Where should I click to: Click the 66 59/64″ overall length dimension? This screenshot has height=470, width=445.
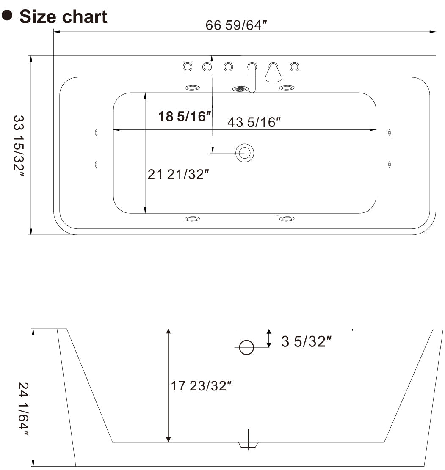pos(236,25)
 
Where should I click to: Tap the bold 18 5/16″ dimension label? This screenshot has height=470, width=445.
pos(184,116)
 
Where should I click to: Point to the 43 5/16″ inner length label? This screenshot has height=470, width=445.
pos(254,122)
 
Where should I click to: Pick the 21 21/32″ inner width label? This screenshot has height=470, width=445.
pos(179,174)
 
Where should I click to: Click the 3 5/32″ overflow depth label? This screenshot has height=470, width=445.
pos(306,341)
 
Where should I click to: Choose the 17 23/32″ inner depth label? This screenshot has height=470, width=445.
pos(201,385)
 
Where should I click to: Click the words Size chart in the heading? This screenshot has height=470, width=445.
pos(64,17)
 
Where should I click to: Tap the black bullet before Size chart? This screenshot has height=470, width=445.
pos(7,16)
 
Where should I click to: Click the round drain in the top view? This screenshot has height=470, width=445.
pos(244,153)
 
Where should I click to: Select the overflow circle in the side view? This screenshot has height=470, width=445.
pos(246,348)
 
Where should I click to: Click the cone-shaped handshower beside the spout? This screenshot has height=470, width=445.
pos(273,73)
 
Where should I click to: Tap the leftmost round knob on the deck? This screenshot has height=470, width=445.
pos(187,67)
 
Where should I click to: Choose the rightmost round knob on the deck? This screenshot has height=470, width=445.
pos(294,67)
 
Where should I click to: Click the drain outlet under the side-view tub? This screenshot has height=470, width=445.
pos(248,445)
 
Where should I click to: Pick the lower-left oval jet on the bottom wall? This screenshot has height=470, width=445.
pos(192,219)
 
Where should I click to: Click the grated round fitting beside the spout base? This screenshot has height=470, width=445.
pos(240,89)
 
